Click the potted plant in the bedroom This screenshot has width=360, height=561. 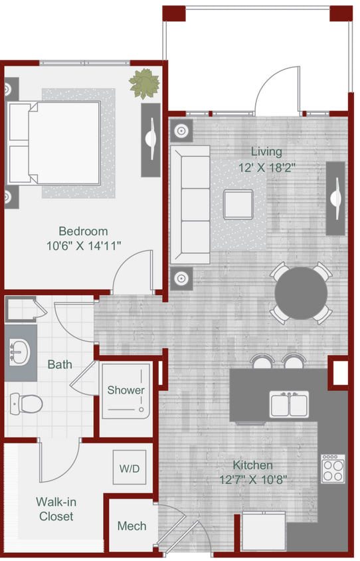[x=145, y=84]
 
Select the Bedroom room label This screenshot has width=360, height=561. [x=83, y=231]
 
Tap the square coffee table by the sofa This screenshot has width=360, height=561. [x=238, y=204]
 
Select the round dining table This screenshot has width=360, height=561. [x=302, y=294]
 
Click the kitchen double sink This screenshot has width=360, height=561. [x=289, y=404]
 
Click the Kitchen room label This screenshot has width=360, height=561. [x=252, y=465]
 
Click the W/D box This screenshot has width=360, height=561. [x=130, y=469]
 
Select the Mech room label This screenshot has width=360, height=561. [x=132, y=526]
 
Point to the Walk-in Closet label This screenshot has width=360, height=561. [x=56, y=508]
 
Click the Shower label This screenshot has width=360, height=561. [x=126, y=390]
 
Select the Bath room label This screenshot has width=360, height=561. [x=60, y=365]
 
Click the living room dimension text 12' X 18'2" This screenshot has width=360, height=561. [x=266, y=168]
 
